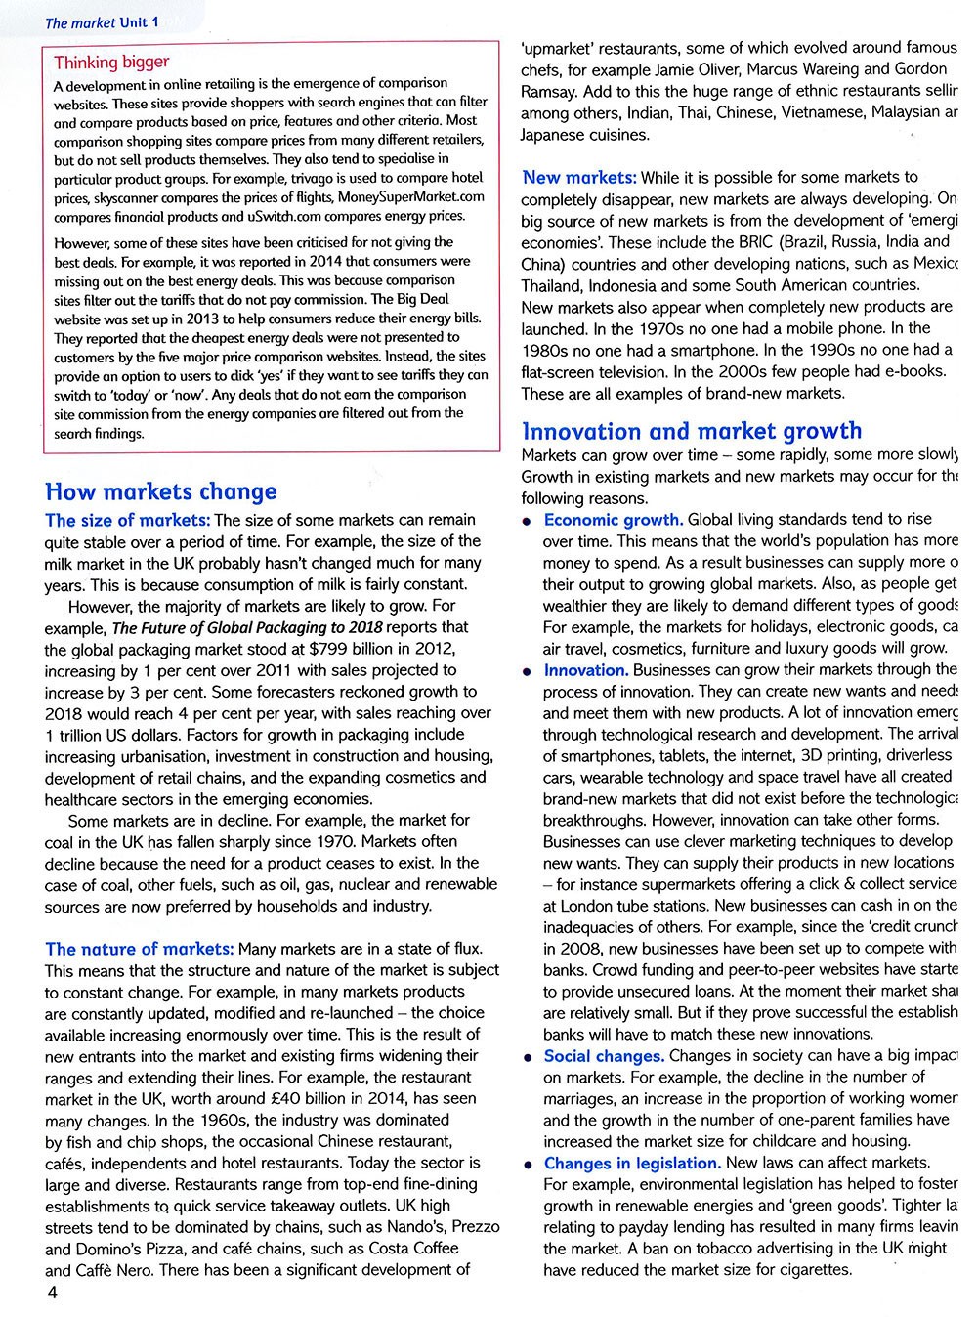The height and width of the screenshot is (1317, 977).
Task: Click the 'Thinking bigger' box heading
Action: [x=111, y=63]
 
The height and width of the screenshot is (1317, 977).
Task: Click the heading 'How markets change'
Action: [x=161, y=491]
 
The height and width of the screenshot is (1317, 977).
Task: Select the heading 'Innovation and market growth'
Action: [x=692, y=431]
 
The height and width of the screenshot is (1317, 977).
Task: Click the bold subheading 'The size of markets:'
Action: [x=127, y=520]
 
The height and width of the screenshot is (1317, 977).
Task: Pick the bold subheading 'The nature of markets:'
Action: [x=140, y=949]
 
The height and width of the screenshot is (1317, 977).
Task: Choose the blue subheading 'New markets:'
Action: [x=579, y=177]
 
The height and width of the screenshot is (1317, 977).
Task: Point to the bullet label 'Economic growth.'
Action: [x=614, y=519]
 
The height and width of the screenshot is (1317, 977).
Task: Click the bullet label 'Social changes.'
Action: [x=604, y=1055]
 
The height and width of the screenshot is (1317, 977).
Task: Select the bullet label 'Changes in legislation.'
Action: [x=632, y=1163]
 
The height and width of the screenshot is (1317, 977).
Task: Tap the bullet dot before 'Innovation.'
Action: [x=527, y=672]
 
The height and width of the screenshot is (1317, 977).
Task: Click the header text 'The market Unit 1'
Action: [x=102, y=21]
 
